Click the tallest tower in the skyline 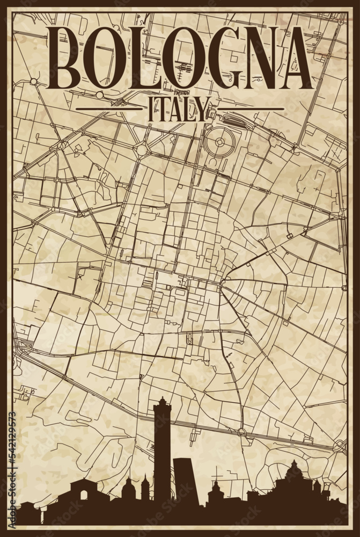(x=162, y=451)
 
